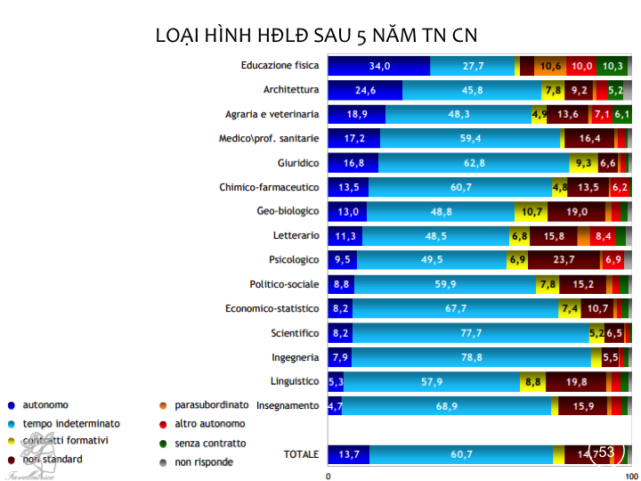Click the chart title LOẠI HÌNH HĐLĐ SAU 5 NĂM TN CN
coord(317,36)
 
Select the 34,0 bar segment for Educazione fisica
coord(379,66)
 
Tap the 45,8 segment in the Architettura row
coord(472,90)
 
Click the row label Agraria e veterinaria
coord(272,114)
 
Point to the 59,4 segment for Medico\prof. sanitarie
coord(470,138)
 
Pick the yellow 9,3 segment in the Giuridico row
coord(583,163)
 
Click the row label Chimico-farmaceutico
coord(269,187)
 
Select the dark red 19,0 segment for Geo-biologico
coord(576,211)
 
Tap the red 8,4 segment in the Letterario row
coord(602,235)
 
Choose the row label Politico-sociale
coord(284,284)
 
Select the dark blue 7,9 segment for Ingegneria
coord(340,357)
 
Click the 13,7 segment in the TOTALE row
coord(349,454)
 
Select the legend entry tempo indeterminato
coord(70,423)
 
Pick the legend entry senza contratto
coord(210,443)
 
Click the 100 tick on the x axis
coord(631,475)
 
